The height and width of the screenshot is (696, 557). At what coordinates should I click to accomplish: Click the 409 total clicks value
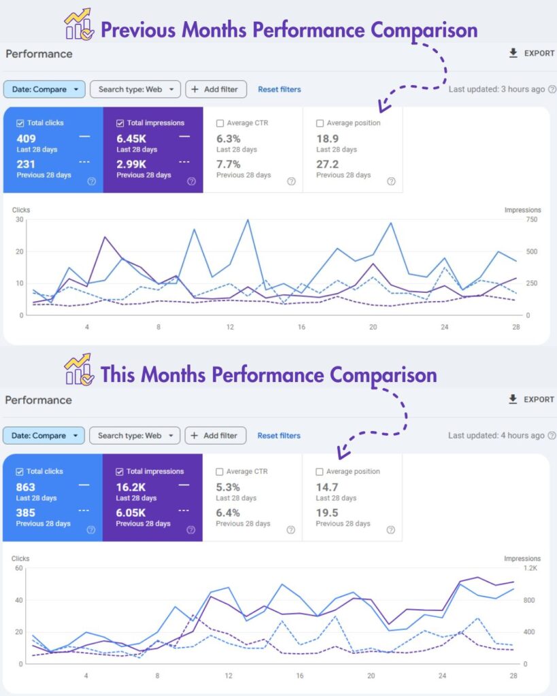tap(26, 139)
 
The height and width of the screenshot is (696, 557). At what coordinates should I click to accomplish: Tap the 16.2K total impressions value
tap(130, 487)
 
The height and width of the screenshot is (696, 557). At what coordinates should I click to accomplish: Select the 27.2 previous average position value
tap(327, 164)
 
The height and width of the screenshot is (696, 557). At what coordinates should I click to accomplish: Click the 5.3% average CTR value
tap(228, 487)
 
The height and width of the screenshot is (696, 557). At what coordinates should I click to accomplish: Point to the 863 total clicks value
tap(26, 487)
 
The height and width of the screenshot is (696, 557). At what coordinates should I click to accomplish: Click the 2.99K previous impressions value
tap(131, 164)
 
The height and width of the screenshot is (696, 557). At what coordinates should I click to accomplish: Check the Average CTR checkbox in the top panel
tap(220, 123)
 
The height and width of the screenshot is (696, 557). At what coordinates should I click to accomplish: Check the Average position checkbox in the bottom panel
tap(320, 471)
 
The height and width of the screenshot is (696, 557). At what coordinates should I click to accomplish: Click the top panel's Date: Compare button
tap(44, 89)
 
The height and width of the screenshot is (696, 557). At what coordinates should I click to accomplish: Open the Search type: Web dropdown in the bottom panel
tap(135, 436)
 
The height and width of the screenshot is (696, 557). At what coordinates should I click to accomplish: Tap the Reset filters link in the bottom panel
tap(279, 436)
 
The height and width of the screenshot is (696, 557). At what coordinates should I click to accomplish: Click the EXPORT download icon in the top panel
tap(513, 53)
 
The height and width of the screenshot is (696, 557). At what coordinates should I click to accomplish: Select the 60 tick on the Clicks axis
tap(18, 568)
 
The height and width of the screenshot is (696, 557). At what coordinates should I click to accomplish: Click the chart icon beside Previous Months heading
tap(79, 24)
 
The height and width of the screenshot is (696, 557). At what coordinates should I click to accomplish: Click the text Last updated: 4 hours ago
tap(496, 435)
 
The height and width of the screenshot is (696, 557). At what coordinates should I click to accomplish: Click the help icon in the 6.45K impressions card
tap(191, 181)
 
